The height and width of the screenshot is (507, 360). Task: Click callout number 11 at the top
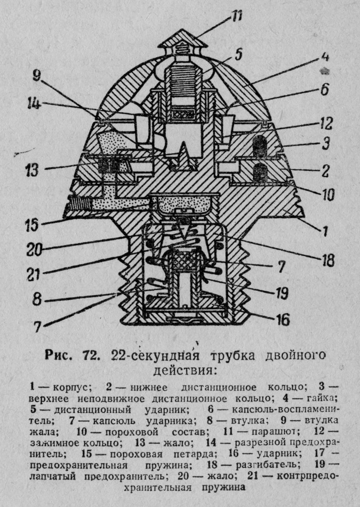coord(238,16)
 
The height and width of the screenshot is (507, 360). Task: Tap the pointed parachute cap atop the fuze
coord(181,39)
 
